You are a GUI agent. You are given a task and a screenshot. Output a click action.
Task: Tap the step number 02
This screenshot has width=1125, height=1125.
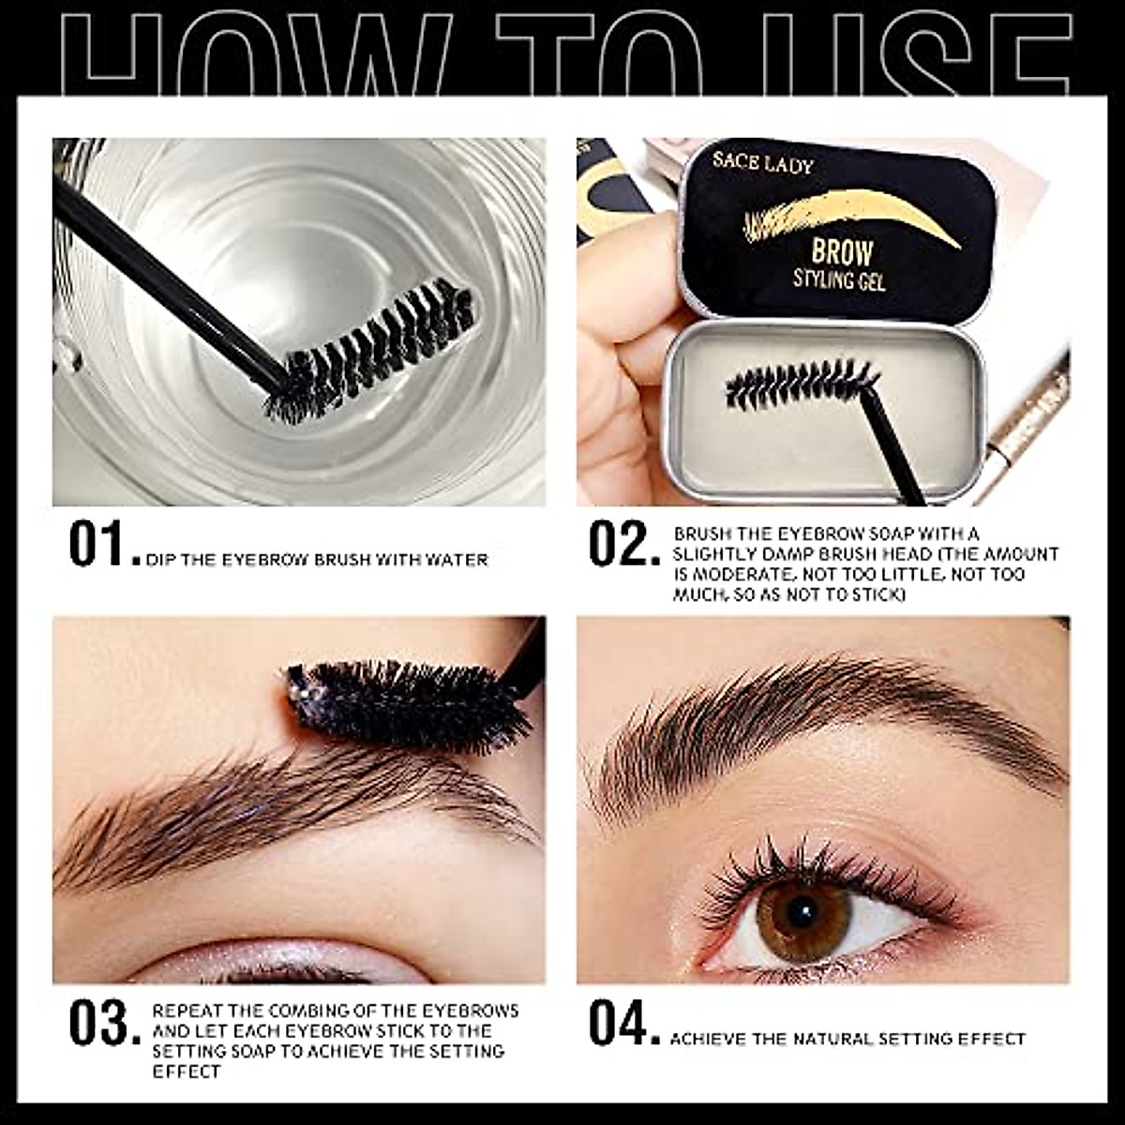618,545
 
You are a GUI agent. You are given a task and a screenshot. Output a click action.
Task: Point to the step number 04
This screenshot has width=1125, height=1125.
618,1023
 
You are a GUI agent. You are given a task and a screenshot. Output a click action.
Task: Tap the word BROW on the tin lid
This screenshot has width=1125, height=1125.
841,251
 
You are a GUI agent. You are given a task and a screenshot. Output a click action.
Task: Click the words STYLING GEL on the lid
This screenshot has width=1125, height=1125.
839,279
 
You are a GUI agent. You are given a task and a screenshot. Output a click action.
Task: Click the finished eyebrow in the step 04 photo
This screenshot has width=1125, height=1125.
825,722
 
